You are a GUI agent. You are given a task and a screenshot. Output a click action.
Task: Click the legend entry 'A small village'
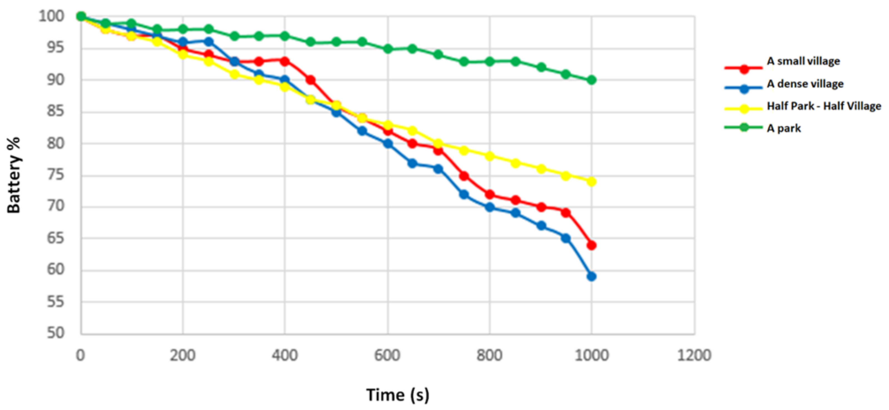coord(803,61)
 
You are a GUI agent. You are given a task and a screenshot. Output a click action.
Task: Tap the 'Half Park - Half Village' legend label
coord(824,106)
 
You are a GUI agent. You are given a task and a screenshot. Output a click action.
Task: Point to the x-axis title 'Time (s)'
coord(397,394)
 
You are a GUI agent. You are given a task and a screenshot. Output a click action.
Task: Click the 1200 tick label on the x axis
coord(694,355)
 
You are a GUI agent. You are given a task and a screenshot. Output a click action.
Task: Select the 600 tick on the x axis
coord(387,355)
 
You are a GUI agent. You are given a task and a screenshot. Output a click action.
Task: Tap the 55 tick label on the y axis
coord(56,302)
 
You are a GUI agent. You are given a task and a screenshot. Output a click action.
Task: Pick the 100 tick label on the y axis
coord(51,16)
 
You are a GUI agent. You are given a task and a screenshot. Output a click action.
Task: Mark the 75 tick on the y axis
coord(56,175)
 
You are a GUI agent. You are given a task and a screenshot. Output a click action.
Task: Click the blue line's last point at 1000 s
coord(591,276)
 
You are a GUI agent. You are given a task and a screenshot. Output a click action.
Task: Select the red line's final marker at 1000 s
coord(591,245)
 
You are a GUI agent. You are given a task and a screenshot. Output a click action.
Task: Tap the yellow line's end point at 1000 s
coord(591,182)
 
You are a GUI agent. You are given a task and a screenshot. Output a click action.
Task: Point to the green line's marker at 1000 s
coord(591,80)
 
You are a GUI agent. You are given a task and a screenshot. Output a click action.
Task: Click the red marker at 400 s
coord(285,61)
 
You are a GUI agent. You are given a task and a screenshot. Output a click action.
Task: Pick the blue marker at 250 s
coord(208,42)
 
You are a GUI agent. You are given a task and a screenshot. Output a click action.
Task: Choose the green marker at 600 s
coord(387,49)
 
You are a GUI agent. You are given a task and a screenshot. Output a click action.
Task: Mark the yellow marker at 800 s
coord(489,156)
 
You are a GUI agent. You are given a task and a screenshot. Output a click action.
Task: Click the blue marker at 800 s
coord(489,207)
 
